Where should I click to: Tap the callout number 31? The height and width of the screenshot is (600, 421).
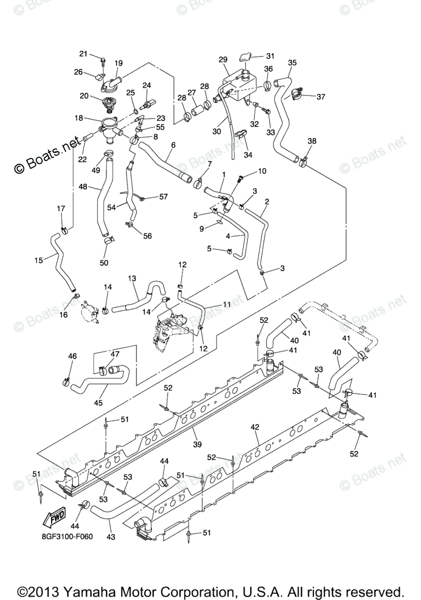point(270,55)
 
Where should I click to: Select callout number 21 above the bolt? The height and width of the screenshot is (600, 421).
point(83,53)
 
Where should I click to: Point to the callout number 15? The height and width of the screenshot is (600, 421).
point(38,259)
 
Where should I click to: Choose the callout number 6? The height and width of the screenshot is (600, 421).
point(173,145)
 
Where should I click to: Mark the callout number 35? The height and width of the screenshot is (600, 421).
point(292,62)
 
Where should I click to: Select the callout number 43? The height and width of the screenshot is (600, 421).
point(111,537)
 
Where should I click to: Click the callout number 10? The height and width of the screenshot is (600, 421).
point(262,171)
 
